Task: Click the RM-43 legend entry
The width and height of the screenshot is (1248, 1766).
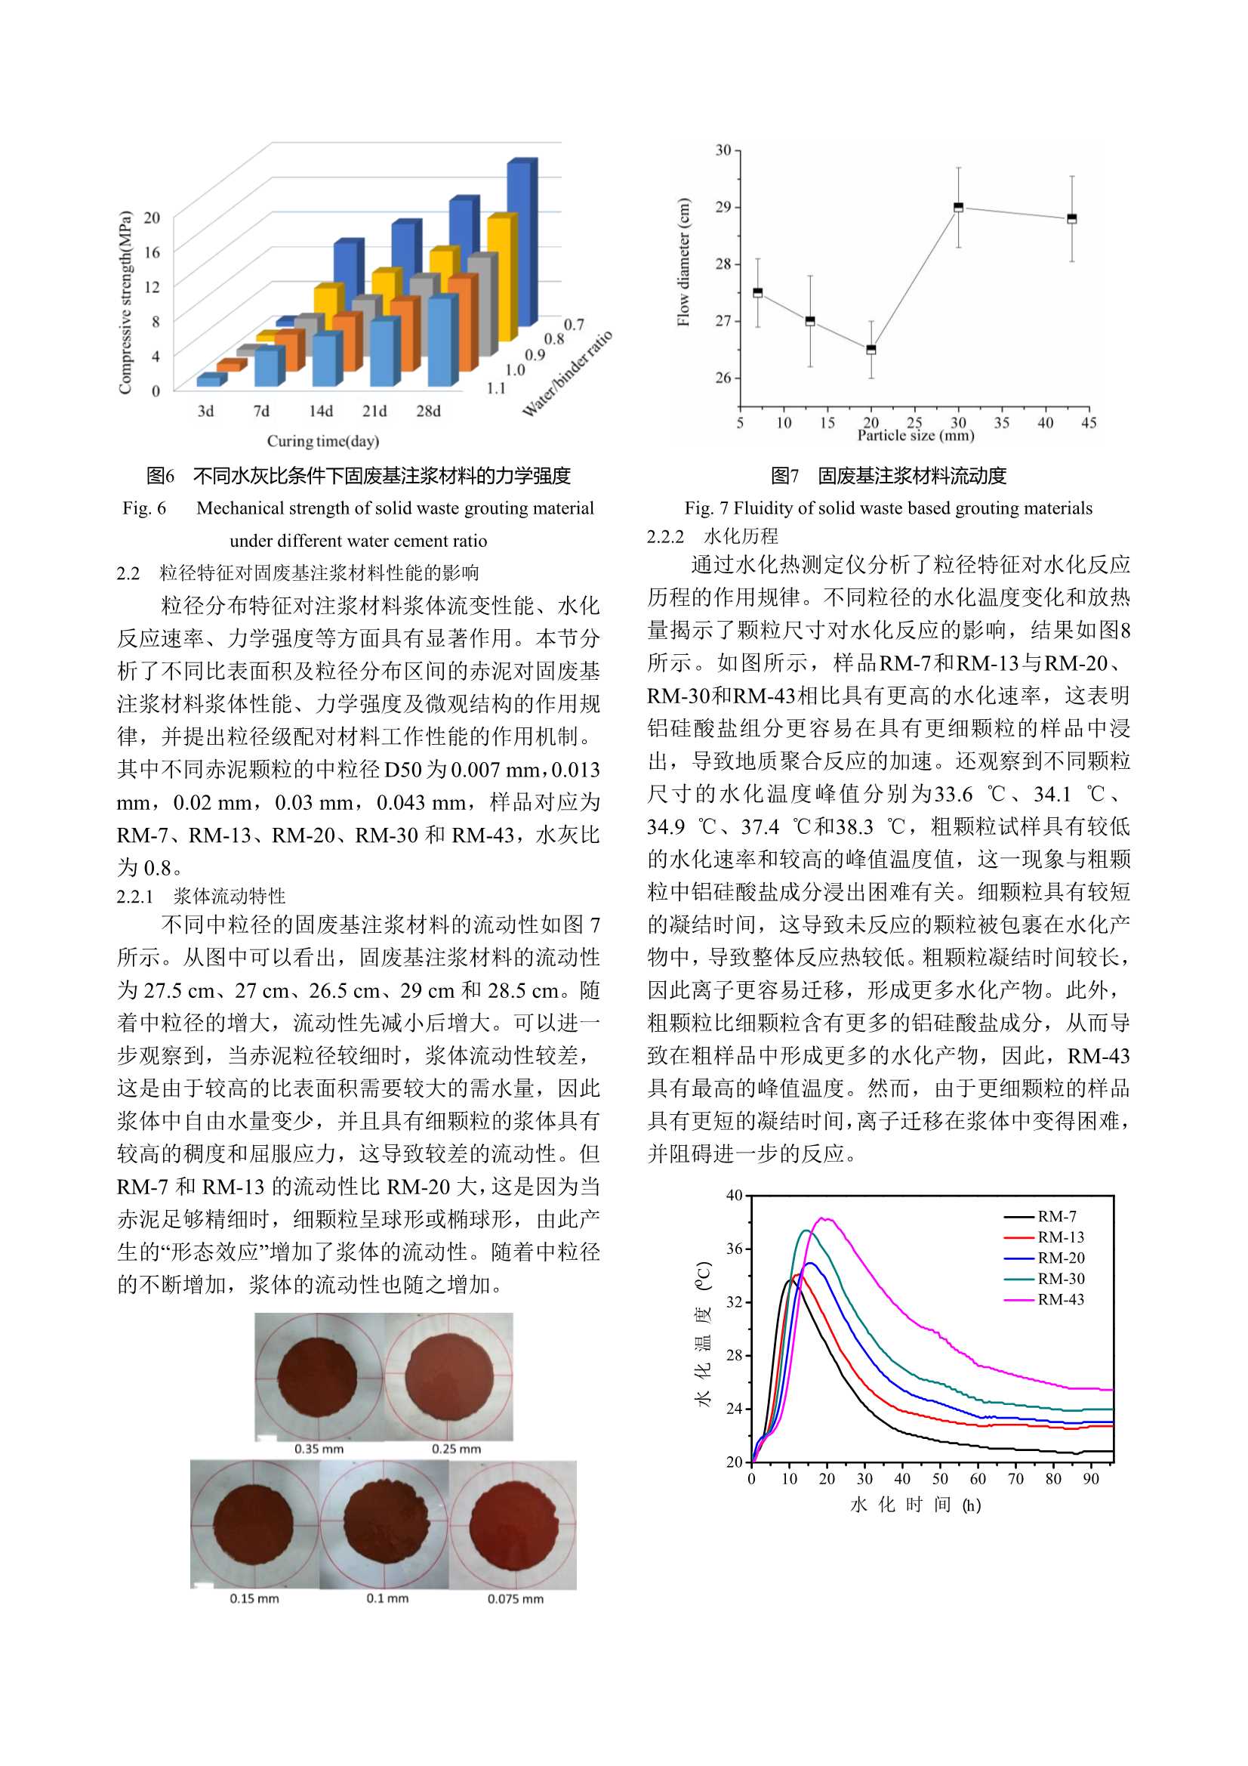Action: pos(1060,1299)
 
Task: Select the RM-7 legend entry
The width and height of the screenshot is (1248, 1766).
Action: pos(1056,1216)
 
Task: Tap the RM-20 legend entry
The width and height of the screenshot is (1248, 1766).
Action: pos(1060,1258)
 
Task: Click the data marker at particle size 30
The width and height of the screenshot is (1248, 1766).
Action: pos(958,207)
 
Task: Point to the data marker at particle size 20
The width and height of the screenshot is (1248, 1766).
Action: pos(871,349)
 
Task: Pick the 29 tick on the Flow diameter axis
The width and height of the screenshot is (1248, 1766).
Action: pos(723,207)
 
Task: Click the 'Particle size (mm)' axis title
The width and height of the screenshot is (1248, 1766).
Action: pos(915,435)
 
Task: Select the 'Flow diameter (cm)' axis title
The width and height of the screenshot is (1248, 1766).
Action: pos(683,262)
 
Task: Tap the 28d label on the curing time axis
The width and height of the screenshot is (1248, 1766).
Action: pos(428,412)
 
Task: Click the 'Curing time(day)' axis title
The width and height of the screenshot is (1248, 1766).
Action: pos(323,440)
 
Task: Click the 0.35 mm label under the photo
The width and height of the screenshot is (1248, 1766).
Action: pos(319,1449)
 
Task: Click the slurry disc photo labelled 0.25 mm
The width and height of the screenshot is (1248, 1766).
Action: pos(450,1377)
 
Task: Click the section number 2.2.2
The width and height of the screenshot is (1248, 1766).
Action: pos(665,537)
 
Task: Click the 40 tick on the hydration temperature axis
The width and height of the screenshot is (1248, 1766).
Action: pos(735,1196)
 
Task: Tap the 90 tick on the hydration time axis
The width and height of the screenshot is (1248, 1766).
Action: pos(1090,1478)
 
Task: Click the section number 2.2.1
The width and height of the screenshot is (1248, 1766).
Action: pos(134,896)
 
